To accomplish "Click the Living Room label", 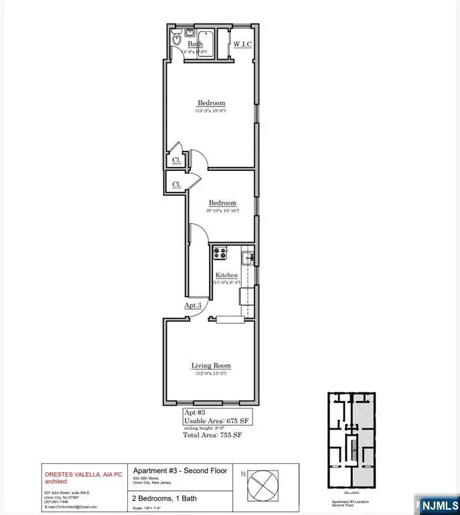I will tap(211, 365).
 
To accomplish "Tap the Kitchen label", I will tap(226, 276).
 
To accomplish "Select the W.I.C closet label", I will tap(242, 45).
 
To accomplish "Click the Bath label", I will tap(196, 44).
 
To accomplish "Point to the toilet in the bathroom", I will tap(176, 41).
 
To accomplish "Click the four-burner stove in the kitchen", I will tap(220, 253).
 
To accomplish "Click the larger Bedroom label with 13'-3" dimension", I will tap(211, 103).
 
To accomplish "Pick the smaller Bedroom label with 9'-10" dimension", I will tap(222, 203).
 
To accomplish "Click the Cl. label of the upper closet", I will tap(176, 161).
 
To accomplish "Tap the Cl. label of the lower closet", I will tap(176, 184).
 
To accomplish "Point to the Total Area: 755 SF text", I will tap(213, 435).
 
